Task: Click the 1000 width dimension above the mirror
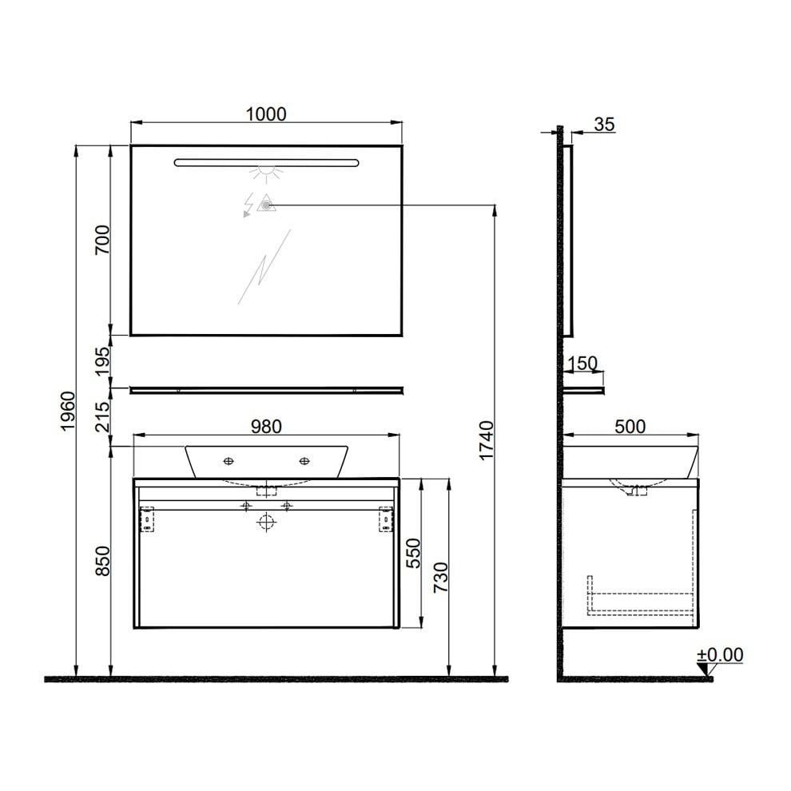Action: click(x=266, y=114)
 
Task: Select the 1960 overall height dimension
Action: click(x=68, y=411)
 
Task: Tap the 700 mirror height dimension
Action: click(x=102, y=240)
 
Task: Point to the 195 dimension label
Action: click(x=102, y=360)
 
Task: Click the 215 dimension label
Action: click(x=102, y=416)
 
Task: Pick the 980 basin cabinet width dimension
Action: click(x=266, y=427)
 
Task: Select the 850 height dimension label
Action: click(x=102, y=560)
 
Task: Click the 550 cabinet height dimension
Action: click(x=413, y=553)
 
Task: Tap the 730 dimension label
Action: click(x=440, y=577)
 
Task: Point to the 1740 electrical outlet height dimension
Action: click(x=487, y=440)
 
